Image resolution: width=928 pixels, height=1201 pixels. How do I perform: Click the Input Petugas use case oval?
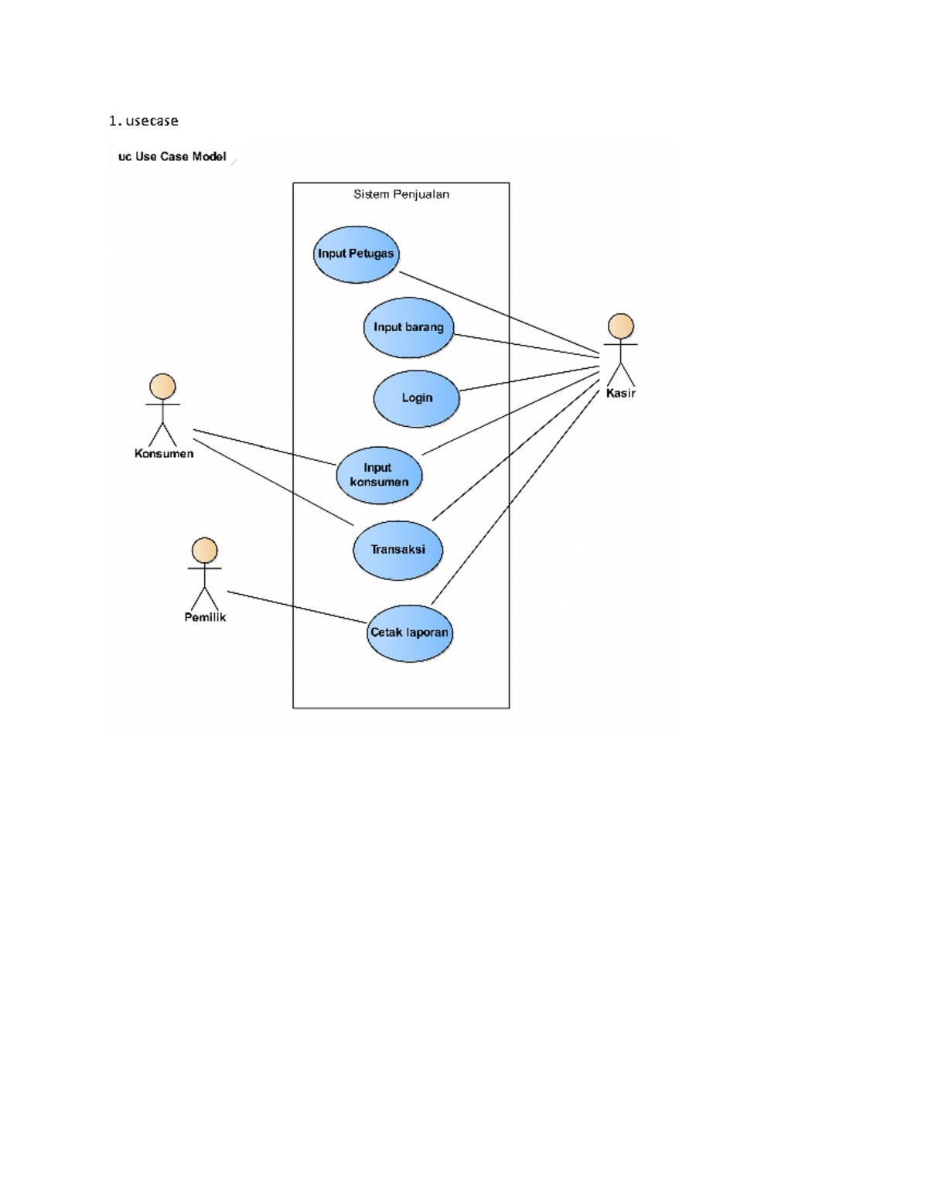pyautogui.click(x=356, y=254)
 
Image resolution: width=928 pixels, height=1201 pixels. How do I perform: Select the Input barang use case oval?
pyautogui.click(x=408, y=327)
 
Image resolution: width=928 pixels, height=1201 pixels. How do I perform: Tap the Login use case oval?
pyautogui.click(x=416, y=398)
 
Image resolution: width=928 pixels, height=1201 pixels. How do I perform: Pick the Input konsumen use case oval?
pyautogui.click(x=379, y=475)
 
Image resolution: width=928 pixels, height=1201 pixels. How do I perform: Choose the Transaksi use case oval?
pyautogui.click(x=397, y=550)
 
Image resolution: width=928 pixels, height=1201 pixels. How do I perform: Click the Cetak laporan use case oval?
pyautogui.click(x=409, y=633)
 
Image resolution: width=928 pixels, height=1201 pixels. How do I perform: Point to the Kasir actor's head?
pyautogui.click(x=620, y=326)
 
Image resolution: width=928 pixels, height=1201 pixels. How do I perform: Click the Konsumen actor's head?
pyautogui.click(x=162, y=387)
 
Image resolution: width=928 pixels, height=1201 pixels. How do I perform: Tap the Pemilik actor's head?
pyautogui.click(x=204, y=551)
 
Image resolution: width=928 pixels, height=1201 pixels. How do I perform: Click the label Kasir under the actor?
pyautogui.click(x=620, y=393)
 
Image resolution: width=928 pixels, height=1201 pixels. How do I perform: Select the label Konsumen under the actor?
pyautogui.click(x=164, y=454)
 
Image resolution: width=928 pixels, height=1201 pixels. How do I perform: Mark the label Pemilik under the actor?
pyautogui.click(x=205, y=617)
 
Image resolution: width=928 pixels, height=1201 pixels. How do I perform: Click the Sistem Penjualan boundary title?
pyautogui.click(x=401, y=194)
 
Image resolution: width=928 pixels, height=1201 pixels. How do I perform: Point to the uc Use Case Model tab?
pyautogui.click(x=172, y=156)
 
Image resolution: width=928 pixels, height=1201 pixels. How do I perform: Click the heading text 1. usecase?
pyautogui.click(x=144, y=121)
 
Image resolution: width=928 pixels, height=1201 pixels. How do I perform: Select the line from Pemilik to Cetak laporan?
pyautogui.click(x=297, y=607)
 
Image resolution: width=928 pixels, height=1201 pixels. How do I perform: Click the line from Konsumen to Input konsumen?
pyautogui.click(x=263, y=446)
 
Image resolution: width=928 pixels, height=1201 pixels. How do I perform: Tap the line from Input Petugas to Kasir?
pyautogui.click(x=499, y=312)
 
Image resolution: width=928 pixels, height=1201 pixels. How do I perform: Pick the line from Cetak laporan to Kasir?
pyautogui.click(x=514, y=498)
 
